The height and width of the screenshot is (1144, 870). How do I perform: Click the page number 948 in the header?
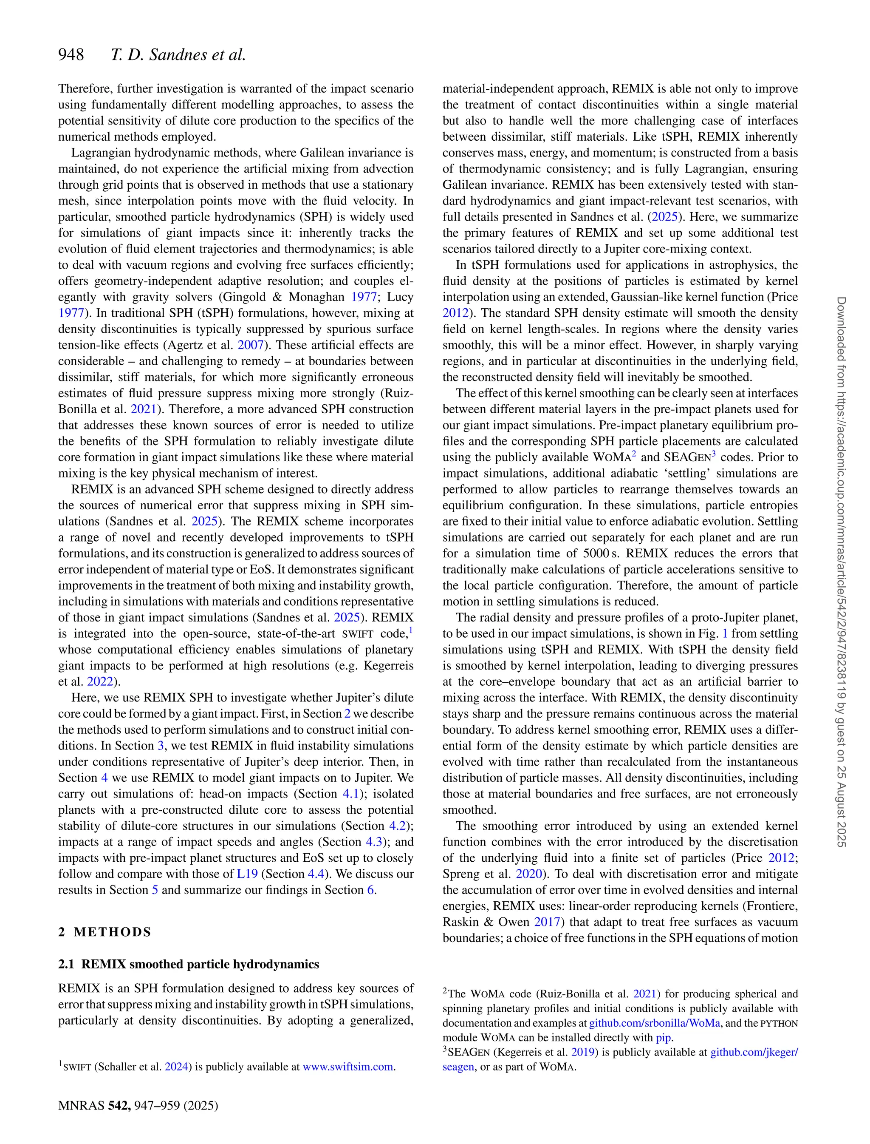click(71, 54)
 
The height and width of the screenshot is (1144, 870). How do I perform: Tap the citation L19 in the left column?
click(247, 874)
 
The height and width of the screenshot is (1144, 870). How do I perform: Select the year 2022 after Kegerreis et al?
click(100, 682)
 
